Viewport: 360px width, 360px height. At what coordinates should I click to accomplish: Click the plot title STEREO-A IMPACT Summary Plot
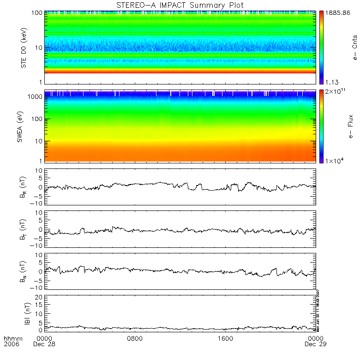180,5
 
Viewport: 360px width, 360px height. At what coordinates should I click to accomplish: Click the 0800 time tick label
135,338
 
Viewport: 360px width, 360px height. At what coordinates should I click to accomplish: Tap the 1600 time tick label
225,338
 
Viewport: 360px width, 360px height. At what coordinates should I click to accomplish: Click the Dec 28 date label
44,344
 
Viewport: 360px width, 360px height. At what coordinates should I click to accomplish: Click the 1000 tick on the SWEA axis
35,96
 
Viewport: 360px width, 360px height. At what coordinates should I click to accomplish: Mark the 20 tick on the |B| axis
39,297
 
